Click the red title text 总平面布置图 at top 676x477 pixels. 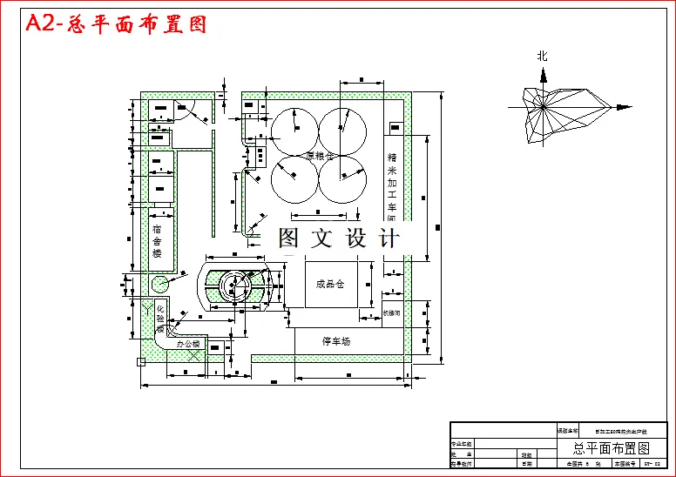pos(117,24)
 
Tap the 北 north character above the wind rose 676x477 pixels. pos(543,56)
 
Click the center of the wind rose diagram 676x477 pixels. pos(543,107)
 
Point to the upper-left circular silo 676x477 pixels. pos(294,130)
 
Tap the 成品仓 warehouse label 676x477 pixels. pos(330,284)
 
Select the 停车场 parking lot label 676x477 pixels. pos(335,341)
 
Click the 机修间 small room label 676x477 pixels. pos(391,311)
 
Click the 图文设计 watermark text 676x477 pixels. pos(339,238)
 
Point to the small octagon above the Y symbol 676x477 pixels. pos(159,284)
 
